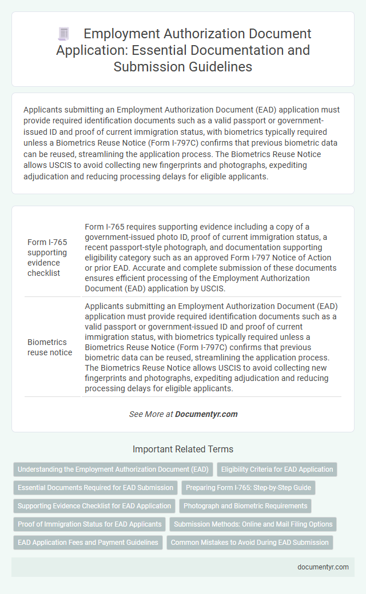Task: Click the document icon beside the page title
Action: [63, 34]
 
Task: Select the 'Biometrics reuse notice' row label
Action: [50, 347]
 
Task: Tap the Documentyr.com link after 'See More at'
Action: [206, 414]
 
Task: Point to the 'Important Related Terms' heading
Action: [182, 449]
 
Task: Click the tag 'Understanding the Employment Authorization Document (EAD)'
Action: [113, 469]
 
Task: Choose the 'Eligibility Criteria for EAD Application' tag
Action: [277, 469]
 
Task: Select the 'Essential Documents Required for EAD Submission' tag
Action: [96, 488]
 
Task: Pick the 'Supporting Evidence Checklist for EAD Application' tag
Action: [94, 506]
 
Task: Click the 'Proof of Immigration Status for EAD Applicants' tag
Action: [89, 524]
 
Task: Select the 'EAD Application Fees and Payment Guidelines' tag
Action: [88, 543]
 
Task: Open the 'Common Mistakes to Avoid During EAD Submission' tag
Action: [249, 543]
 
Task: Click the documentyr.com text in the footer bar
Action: [323, 567]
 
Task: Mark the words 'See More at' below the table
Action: [150, 414]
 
